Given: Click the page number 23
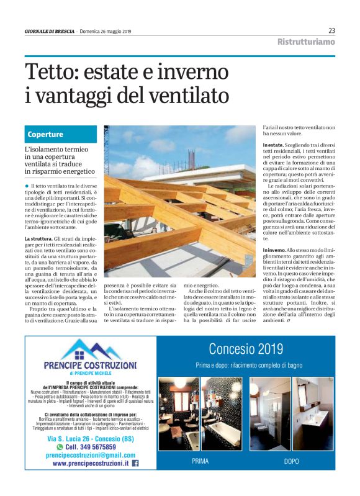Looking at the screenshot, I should point(331,30).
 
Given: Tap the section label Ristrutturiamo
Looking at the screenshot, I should point(307,42).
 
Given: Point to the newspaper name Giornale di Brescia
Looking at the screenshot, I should point(50,30).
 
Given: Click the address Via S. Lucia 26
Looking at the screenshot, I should point(74,438).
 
